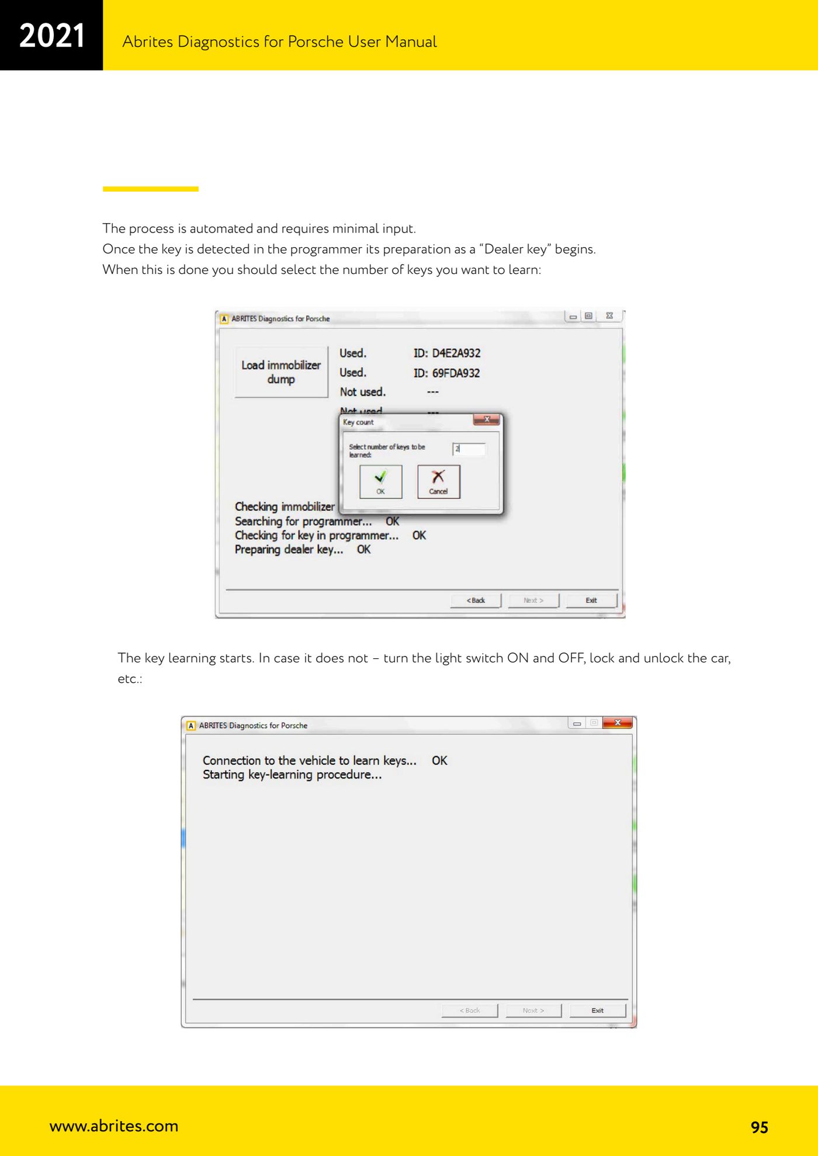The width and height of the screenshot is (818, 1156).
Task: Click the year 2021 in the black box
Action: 52,36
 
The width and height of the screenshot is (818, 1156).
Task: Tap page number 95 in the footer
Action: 759,1127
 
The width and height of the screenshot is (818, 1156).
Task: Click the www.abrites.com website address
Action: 114,1126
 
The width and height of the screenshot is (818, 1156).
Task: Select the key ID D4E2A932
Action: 447,353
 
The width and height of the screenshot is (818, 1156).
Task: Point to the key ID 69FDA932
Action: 447,373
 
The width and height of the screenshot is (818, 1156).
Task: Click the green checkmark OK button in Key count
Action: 381,481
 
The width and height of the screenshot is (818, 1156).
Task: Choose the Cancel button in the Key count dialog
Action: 439,481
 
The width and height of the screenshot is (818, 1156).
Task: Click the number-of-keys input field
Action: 469,449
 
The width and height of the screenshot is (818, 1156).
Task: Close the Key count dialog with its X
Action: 486,419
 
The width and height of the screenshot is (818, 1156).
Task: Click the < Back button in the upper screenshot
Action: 476,600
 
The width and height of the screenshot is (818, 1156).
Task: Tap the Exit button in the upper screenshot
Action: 591,600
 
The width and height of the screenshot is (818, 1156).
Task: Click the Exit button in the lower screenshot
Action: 598,1011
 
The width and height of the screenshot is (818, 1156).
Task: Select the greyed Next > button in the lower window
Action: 533,1011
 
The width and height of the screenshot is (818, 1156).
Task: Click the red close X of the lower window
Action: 618,723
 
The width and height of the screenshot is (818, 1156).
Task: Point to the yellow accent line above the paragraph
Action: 151,189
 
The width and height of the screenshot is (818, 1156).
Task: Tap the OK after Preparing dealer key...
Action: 363,550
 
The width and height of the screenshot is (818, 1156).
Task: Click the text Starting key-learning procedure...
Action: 292,775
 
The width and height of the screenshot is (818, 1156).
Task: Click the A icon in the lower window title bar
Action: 191,725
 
